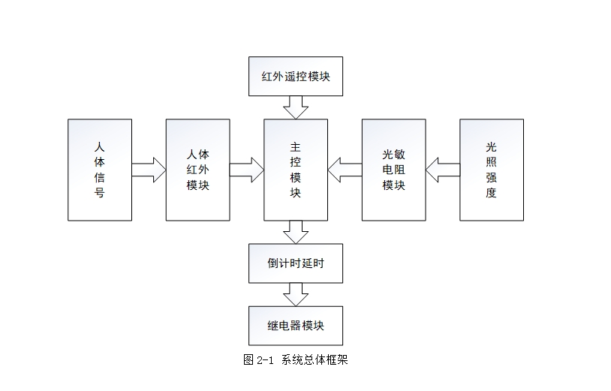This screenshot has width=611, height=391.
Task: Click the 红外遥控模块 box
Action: tap(295, 77)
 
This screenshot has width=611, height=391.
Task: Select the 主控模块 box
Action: tap(295, 170)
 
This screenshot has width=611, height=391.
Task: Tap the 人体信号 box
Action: tap(99, 170)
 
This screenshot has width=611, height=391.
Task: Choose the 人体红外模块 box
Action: tap(197, 170)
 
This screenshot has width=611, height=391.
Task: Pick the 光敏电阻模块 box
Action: tap(393, 170)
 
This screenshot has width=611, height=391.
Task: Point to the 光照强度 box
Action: tap(491, 170)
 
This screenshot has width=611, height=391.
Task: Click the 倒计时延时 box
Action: tap(295, 263)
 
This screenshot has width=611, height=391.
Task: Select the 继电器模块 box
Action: tap(295, 326)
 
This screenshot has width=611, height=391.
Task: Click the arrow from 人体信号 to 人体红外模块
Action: tap(149, 170)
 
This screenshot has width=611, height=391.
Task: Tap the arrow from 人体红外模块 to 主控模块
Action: tap(247, 170)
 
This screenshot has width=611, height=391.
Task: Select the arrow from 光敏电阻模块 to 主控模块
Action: tap(345, 170)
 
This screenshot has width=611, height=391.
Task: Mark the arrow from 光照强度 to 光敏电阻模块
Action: tap(442, 170)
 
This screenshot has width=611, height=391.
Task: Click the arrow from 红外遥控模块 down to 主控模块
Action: tap(295, 107)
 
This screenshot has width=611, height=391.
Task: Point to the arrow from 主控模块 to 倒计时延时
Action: tap(295, 232)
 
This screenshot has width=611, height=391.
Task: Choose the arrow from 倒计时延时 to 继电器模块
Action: tap(295, 294)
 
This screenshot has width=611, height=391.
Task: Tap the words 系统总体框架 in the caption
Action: tap(315, 360)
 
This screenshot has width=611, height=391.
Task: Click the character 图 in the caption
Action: tap(248, 360)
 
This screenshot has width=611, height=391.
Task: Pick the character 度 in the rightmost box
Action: tap(491, 193)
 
